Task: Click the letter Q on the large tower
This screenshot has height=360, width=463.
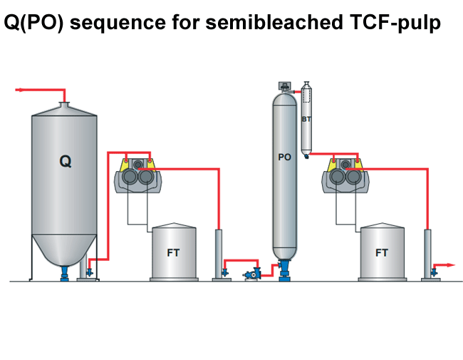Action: click(65, 162)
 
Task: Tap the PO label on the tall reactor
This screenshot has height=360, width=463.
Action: click(284, 157)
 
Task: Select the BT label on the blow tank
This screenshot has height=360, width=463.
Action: click(306, 120)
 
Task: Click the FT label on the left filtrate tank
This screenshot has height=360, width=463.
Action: click(173, 252)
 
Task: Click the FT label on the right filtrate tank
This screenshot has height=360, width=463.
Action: click(382, 252)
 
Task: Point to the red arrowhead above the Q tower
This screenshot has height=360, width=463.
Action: click(18, 90)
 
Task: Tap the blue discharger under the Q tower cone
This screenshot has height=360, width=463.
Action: click(65, 271)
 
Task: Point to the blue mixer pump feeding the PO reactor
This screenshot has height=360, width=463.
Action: click(251, 273)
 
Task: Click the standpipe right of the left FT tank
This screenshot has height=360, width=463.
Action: click(220, 253)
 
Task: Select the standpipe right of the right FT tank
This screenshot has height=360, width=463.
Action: click(428, 253)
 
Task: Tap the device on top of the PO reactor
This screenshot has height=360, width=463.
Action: click(284, 86)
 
